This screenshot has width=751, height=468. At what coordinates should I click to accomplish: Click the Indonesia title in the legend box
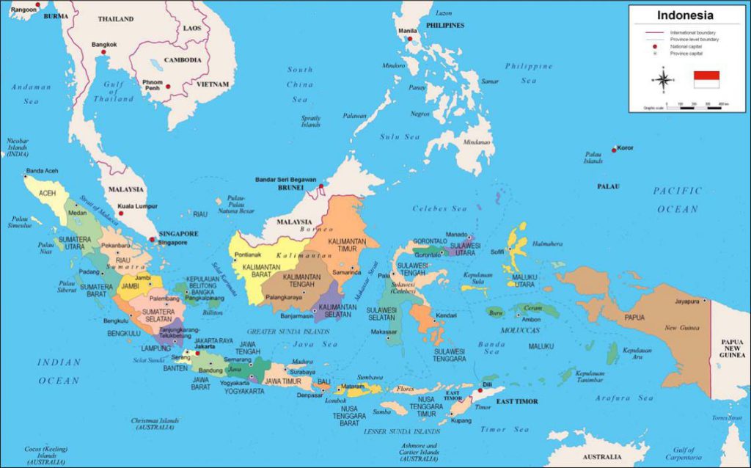[684, 15]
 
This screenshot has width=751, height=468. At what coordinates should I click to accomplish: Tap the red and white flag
[706, 79]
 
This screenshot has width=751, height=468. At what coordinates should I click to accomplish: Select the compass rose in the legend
[663, 80]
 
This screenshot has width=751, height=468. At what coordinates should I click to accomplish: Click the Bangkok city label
[104, 45]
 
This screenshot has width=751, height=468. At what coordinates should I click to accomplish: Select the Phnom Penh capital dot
[168, 87]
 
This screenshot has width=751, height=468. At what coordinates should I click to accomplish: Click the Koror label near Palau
[624, 147]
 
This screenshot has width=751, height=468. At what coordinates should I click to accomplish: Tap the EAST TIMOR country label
[517, 401]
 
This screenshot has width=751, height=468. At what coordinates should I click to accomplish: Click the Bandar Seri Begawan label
[285, 180]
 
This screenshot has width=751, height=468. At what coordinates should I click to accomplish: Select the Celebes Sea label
[439, 209]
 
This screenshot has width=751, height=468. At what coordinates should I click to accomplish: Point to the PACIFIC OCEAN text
[677, 200]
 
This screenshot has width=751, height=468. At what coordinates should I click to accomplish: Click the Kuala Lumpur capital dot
[122, 214]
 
